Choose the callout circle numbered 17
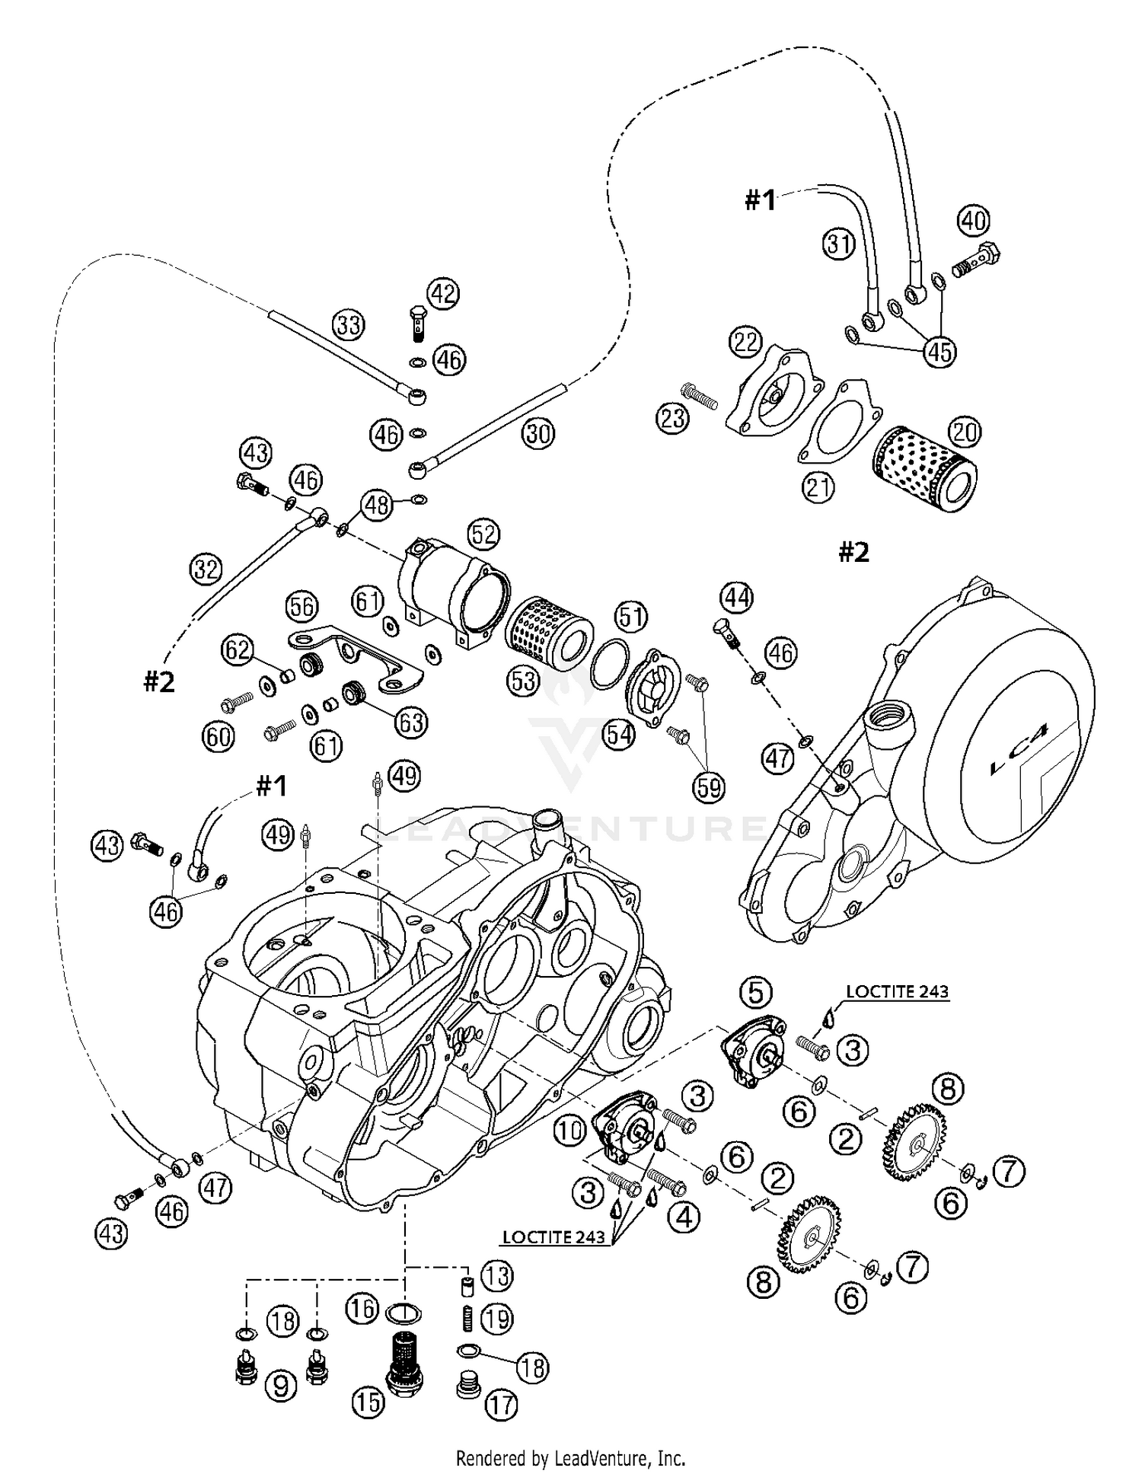click(x=502, y=1405)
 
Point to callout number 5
click(x=755, y=992)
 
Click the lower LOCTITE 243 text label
click(x=553, y=1237)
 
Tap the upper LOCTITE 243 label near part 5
click(x=898, y=991)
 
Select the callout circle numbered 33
click(x=349, y=325)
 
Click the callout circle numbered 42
click(x=444, y=293)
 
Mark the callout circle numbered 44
click(x=736, y=598)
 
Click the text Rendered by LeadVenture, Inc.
click(x=570, y=1458)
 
